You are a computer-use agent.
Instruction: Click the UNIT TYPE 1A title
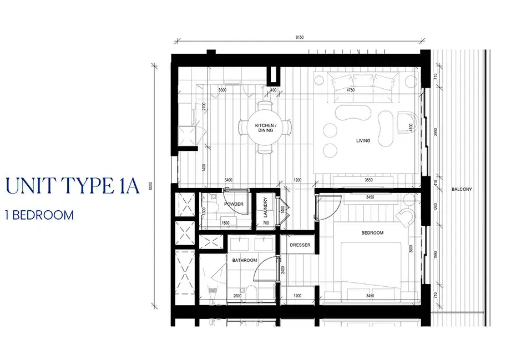72,186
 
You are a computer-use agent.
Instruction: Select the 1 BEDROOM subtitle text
39,215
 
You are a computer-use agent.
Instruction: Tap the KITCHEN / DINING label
265,128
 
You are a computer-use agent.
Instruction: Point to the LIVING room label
363,141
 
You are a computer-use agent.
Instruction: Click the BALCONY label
461,189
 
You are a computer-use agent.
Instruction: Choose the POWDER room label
234,204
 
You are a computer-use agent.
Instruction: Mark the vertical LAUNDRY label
265,209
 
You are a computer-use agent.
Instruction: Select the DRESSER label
300,245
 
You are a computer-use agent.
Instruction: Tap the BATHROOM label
244,260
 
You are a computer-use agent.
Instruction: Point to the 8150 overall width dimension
300,38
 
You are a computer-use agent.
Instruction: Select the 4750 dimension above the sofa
350,90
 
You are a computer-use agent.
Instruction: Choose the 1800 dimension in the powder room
225,224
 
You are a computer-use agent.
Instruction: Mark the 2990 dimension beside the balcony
436,131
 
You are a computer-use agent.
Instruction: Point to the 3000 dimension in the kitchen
222,90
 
